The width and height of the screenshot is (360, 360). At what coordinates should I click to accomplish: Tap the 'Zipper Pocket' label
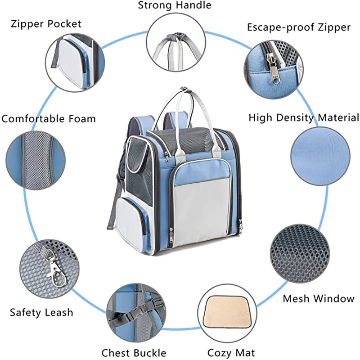[46, 23]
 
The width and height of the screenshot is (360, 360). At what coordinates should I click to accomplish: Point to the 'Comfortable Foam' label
[49, 119]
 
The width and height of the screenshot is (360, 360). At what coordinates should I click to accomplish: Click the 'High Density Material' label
[304, 118]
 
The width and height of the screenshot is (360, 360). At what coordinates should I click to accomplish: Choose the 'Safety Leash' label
[41, 312]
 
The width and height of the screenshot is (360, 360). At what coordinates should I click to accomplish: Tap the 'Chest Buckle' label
[134, 353]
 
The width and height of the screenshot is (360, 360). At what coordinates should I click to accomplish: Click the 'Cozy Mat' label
[231, 353]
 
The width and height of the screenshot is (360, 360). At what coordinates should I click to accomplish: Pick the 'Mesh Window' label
[319, 298]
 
